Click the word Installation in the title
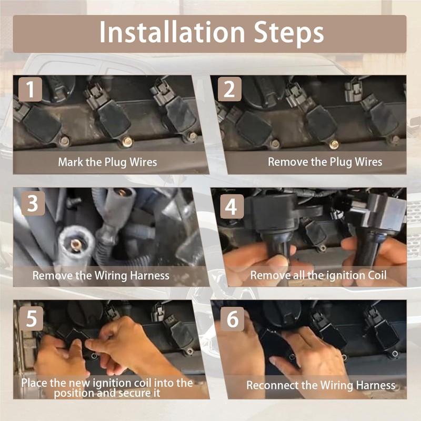point(172,32)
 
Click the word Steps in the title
point(288,33)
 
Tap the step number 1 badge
point(31,89)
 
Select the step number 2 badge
point(229,89)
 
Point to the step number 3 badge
point(33,203)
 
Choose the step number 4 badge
point(232,206)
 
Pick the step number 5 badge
point(31,318)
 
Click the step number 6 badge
point(232,319)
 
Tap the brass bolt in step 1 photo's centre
point(127,142)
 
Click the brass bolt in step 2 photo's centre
point(334,144)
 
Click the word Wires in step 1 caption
point(143,162)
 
